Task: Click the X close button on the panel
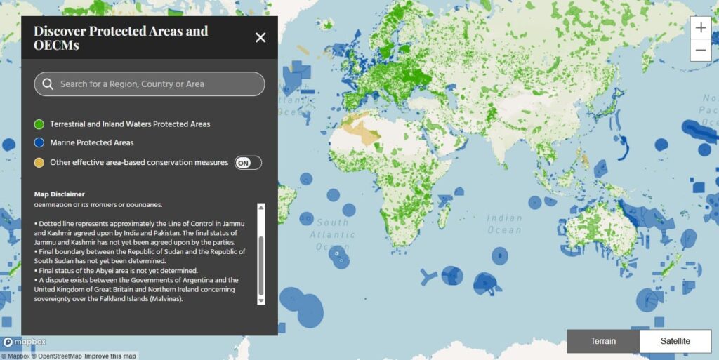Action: click(260, 38)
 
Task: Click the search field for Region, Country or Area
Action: click(150, 84)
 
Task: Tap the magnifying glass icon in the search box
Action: click(48, 84)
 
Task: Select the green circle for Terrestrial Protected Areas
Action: click(39, 124)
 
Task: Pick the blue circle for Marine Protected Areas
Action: click(39, 143)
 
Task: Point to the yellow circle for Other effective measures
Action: click(39, 163)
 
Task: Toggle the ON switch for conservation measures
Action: click(248, 163)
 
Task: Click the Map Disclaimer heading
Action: click(60, 194)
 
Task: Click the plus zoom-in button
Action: click(701, 28)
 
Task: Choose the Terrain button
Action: click(603, 341)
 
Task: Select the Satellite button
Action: click(675, 341)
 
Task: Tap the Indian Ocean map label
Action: click(504, 224)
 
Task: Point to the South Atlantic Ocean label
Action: click(332, 234)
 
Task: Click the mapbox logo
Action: click(25, 342)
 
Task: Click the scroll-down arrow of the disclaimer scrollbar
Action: click(261, 300)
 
